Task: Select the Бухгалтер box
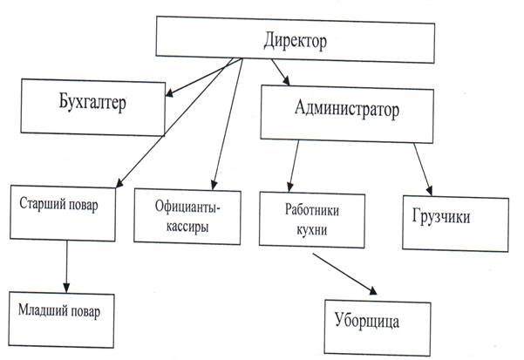coord(93,105)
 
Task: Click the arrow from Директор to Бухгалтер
coord(203,77)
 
